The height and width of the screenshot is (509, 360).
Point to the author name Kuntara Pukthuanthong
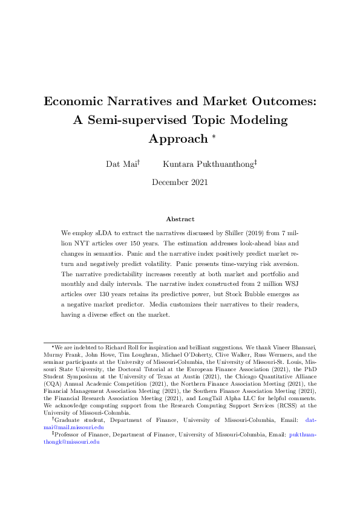pyautogui.click(x=209, y=163)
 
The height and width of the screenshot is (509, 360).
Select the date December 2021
pyautogui.click(x=180, y=182)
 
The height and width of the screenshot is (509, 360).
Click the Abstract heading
pyautogui.click(x=180, y=219)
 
